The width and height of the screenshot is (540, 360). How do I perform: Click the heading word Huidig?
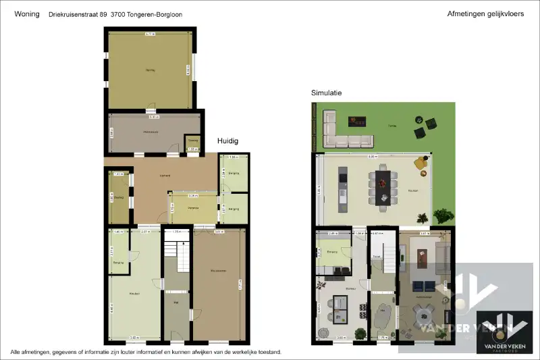point(227,141)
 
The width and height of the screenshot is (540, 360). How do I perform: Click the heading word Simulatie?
point(327,93)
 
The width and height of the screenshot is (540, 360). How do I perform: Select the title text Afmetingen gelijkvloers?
point(485,14)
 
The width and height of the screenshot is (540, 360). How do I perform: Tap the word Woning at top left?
point(26,14)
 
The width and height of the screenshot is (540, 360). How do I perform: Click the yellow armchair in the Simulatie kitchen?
point(422,163)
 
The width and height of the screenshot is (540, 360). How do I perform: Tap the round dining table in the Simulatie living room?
point(424,313)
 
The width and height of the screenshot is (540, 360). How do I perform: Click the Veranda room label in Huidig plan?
point(193,208)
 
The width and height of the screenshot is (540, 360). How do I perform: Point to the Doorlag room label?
point(119,197)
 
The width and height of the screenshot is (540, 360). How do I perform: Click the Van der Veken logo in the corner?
point(502,328)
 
